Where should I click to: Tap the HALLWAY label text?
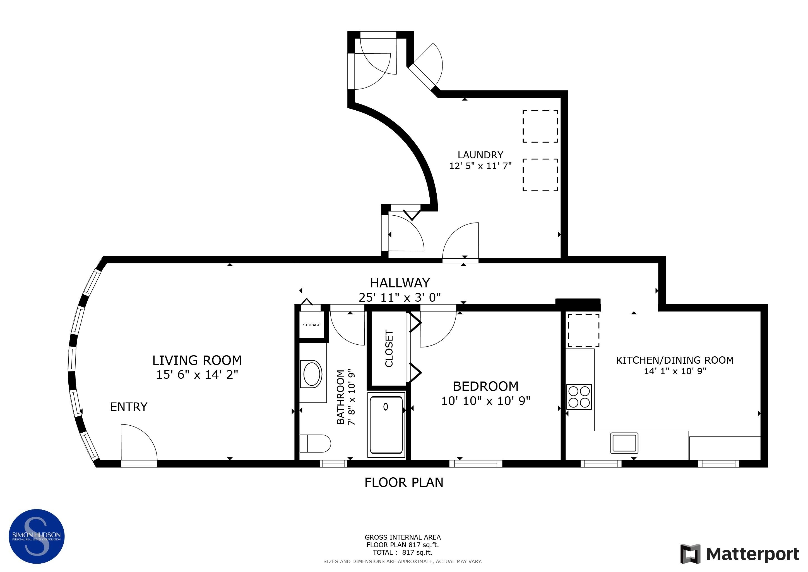click(x=400, y=283)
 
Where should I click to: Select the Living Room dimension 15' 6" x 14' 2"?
click(x=197, y=375)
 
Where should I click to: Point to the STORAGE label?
click(x=311, y=325)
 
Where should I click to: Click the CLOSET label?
click(x=389, y=348)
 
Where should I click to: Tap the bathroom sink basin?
click(x=312, y=374)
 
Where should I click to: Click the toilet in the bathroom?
click(x=315, y=444)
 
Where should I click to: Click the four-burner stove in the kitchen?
click(x=579, y=397)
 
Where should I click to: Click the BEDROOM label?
click(x=486, y=386)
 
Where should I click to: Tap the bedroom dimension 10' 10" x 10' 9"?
click(x=486, y=401)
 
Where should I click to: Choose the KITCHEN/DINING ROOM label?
click(x=675, y=360)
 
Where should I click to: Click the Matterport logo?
click(x=740, y=554)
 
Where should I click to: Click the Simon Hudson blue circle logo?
click(x=36, y=537)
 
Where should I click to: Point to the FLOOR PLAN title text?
click(x=404, y=482)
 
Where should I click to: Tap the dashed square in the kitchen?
click(x=583, y=331)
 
